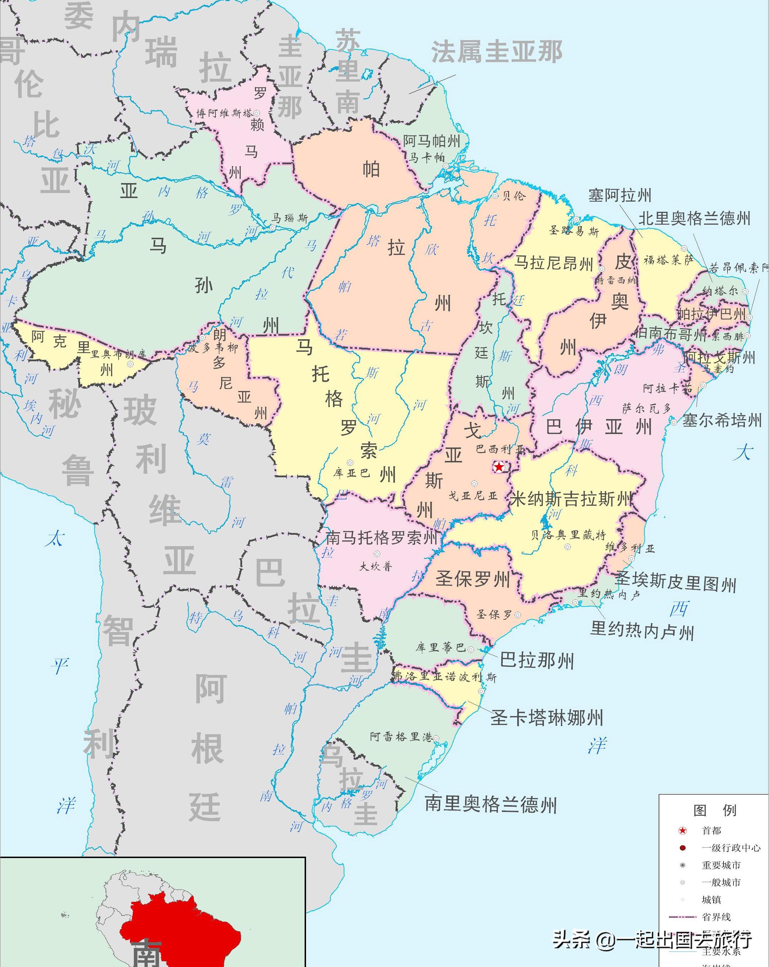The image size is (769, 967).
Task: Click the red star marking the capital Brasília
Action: [498, 467]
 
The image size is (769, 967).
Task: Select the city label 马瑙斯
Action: [290, 218]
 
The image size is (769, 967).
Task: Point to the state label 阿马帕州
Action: [432, 141]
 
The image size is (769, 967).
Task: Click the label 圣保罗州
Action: [473, 578]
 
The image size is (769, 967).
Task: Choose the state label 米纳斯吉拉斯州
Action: [572, 498]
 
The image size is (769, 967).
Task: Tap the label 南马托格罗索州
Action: [381, 537]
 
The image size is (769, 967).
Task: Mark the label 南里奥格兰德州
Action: [491, 804]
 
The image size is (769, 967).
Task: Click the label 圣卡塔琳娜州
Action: [546, 718]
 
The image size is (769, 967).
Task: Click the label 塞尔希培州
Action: [721, 420]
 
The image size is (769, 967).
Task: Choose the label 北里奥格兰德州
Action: [694, 219]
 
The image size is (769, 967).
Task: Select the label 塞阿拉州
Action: [620, 195]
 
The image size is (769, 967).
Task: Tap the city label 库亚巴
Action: [351, 473]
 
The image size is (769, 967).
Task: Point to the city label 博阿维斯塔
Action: [224, 113]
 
